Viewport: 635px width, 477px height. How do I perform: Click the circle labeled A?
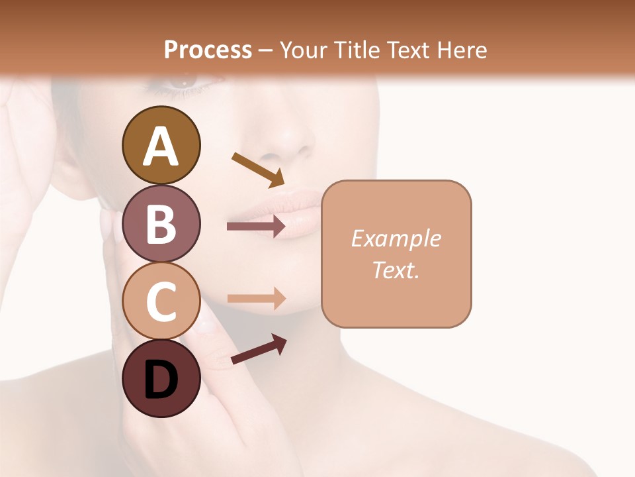pos(161,145)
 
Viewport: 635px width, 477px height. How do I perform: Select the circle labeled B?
pos(161,223)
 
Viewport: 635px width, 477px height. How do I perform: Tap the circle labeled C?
pos(161,301)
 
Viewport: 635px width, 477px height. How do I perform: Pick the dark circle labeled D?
pos(161,378)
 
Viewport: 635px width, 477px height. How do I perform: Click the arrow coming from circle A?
pos(258,170)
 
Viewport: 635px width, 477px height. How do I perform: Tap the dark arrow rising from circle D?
pos(259,349)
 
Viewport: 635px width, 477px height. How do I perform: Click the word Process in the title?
pos(208,50)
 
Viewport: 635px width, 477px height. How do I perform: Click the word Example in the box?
pos(396,238)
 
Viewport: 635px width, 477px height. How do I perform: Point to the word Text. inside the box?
pos(396,270)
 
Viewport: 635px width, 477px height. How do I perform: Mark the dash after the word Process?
pos(266,50)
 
